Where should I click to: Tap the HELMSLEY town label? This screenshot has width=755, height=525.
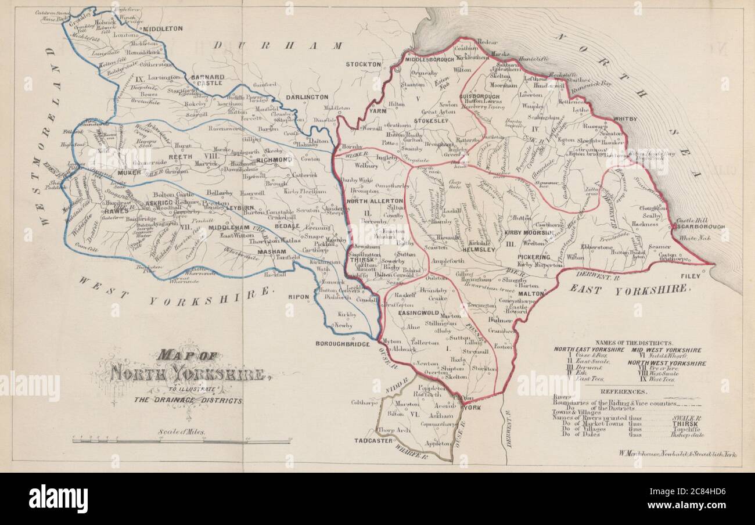tap(479, 249)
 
